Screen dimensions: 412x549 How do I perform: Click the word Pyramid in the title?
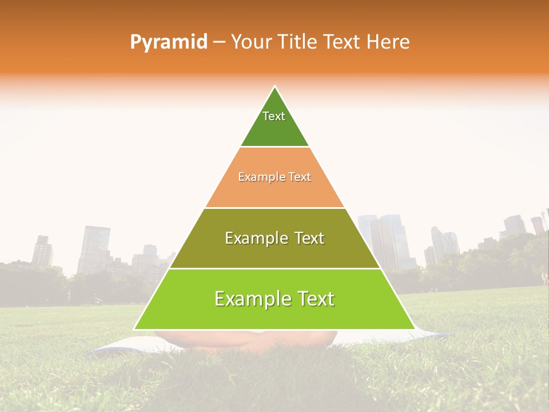click(x=169, y=42)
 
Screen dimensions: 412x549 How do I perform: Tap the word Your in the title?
click(x=250, y=42)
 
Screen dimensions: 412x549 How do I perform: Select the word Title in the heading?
click(x=298, y=42)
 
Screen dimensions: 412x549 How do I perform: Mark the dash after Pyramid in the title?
click(x=219, y=42)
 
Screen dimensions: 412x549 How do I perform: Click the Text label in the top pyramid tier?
click(x=274, y=116)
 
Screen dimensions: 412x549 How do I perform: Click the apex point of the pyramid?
click(x=274, y=86)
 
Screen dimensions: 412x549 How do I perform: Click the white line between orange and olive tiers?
click(x=274, y=208)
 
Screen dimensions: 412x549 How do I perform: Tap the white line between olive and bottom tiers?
click(x=274, y=268)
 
